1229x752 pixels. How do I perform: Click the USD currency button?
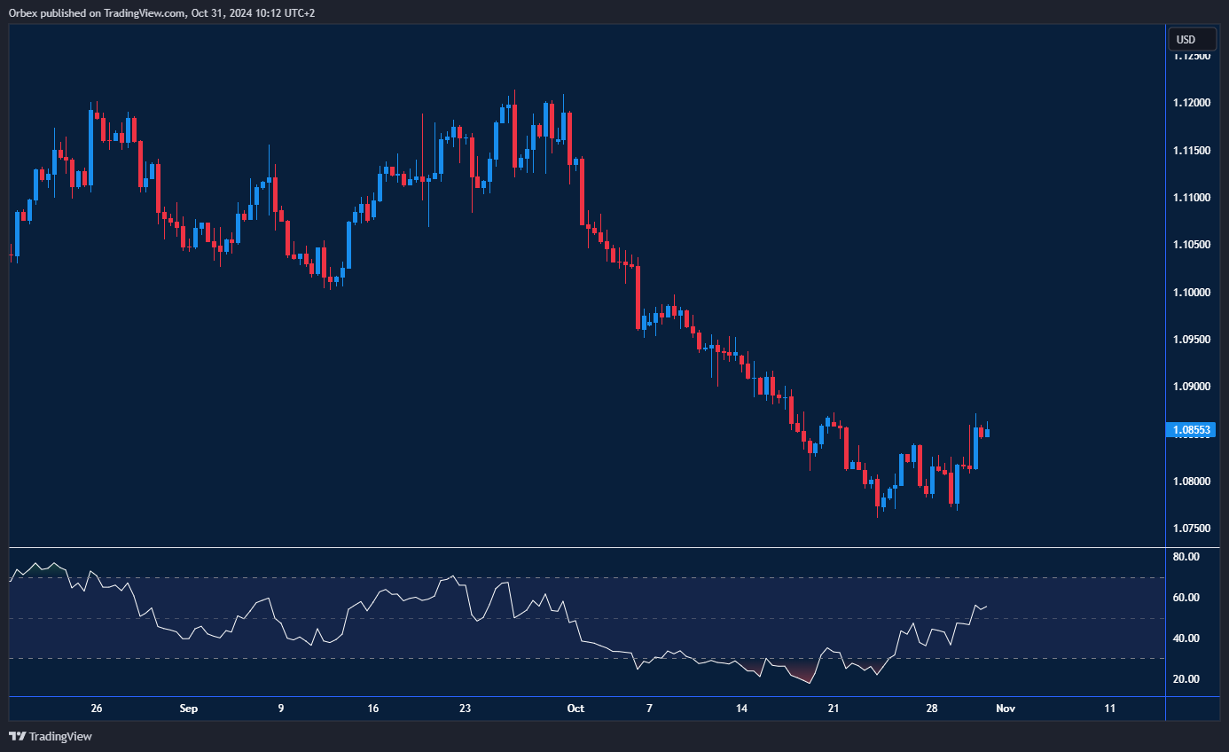[x=1186, y=39]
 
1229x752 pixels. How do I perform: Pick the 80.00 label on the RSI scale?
[x=1186, y=557]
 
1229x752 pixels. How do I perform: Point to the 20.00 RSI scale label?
[x=1186, y=679]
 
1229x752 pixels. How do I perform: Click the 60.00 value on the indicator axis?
[x=1186, y=598]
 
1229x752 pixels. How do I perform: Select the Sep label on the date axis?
[x=188, y=709]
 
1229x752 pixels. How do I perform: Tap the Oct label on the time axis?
[x=575, y=709]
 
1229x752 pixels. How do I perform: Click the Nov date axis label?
[x=1005, y=709]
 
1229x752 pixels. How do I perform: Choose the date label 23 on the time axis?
[x=466, y=709]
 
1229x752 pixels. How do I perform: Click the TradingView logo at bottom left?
[x=51, y=736]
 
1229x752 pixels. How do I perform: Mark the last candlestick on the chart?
[x=987, y=432]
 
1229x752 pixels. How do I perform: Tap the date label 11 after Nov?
[x=1110, y=709]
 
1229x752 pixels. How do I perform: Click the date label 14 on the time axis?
[x=742, y=709]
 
